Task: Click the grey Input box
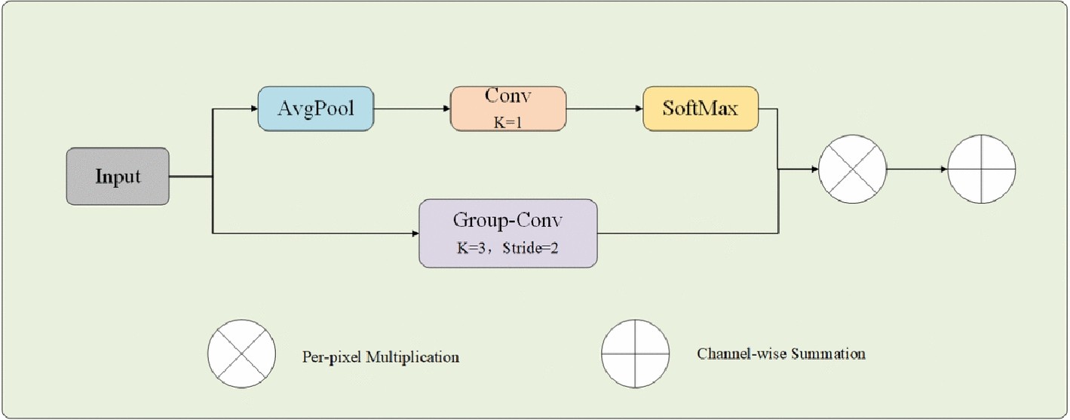click(x=118, y=176)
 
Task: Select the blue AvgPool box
click(x=316, y=109)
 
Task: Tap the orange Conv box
click(x=507, y=109)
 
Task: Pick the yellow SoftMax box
click(x=700, y=109)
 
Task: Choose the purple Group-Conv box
click(x=508, y=233)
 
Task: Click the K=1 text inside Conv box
click(x=507, y=121)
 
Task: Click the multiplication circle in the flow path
click(x=852, y=170)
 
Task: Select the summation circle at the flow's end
click(x=981, y=170)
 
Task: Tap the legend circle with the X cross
click(x=242, y=354)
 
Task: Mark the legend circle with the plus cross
click(x=635, y=353)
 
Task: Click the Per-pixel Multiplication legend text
click(x=380, y=357)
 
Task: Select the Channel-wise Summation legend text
click(x=780, y=353)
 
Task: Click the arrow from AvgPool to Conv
click(x=412, y=109)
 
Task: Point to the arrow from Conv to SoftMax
click(x=604, y=109)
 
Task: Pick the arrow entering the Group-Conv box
click(x=317, y=233)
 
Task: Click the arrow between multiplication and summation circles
click(x=916, y=170)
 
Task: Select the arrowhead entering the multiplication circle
click(x=814, y=170)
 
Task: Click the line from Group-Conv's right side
click(x=686, y=233)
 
